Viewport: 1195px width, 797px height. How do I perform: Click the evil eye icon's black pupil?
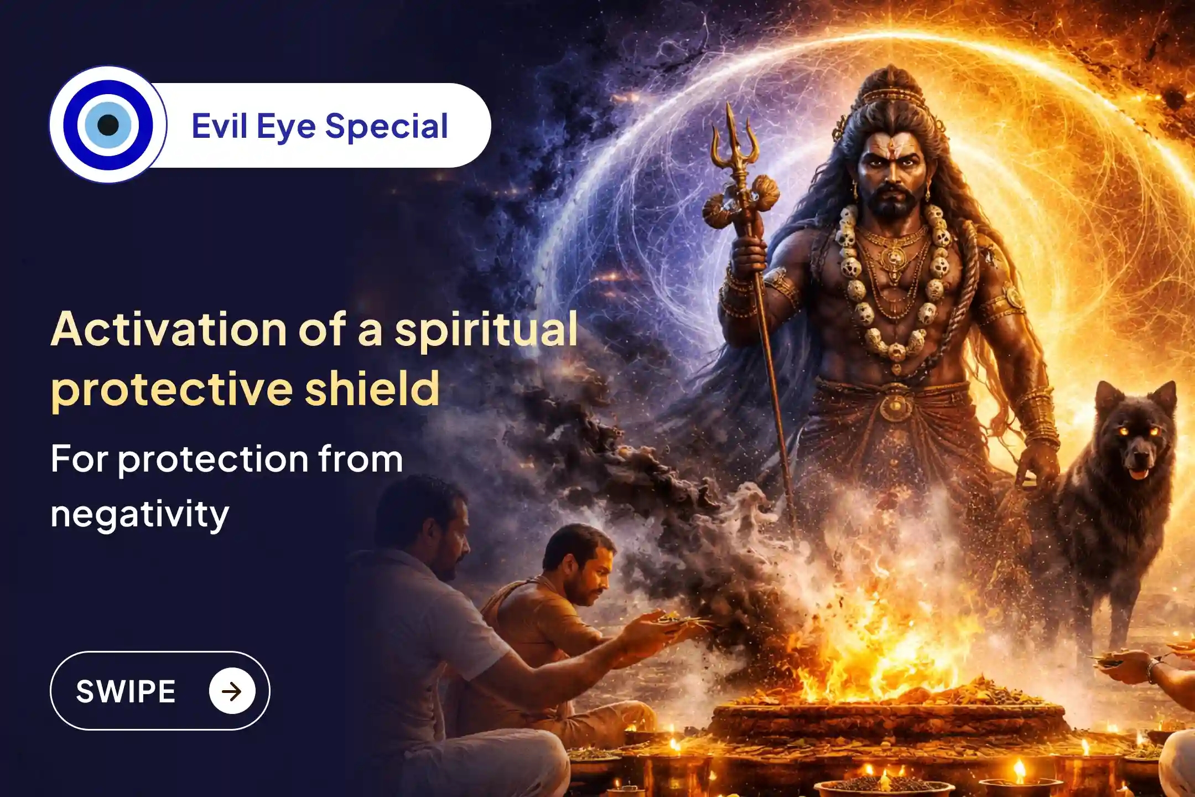(108, 125)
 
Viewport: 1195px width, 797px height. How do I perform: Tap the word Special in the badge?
(386, 127)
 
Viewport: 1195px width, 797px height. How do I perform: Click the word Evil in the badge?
(219, 126)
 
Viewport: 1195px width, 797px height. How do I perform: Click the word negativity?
(139, 514)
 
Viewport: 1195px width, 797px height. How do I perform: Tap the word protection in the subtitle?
(212, 459)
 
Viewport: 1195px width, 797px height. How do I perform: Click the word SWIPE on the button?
(126, 691)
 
